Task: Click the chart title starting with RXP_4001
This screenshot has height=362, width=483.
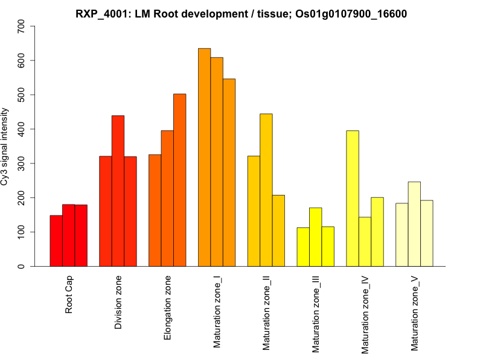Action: pos(241,13)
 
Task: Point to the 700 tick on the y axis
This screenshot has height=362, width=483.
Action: pos(22,27)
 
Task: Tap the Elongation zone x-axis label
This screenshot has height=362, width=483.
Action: pos(168,308)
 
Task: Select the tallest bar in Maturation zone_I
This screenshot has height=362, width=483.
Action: pos(204,157)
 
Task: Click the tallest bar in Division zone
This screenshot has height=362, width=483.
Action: pos(118,191)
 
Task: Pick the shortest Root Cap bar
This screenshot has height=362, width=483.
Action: pos(56,241)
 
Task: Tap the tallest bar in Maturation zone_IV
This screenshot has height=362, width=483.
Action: pos(353,198)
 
